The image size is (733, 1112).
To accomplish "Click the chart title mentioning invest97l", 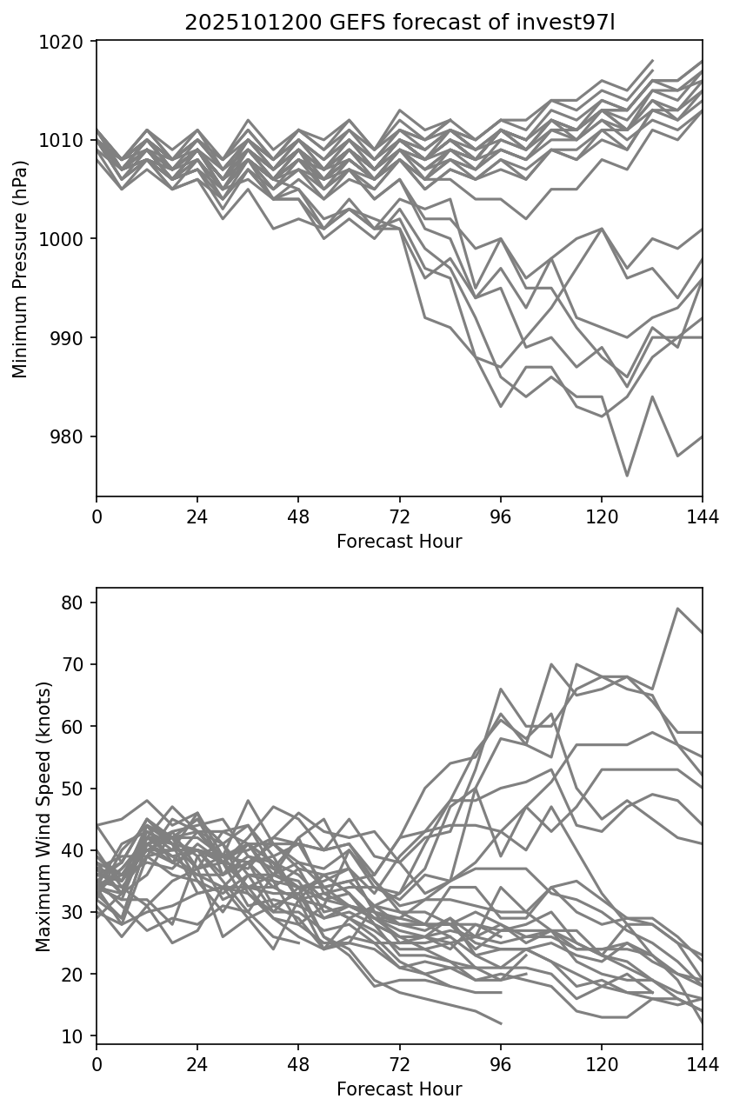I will coord(399,23).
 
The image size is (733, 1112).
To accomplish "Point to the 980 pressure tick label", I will coord(74,436).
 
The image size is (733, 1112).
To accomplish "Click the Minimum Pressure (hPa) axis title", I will coord(21,269).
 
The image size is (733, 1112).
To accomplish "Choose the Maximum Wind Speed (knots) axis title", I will coord(43,816).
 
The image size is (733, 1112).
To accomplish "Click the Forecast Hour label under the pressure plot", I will coord(399,542).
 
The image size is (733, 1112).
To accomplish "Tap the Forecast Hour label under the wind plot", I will coord(399,1089).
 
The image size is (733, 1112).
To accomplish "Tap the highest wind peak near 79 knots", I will coord(677,609).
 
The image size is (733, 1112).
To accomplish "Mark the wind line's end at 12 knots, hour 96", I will coord(501,1023).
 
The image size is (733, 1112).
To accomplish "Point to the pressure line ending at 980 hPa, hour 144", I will coord(701,436).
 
